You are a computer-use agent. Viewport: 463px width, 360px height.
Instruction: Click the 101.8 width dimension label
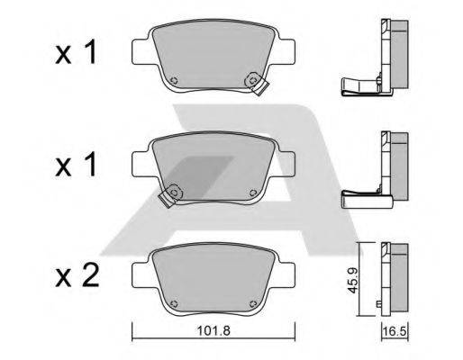[213, 331]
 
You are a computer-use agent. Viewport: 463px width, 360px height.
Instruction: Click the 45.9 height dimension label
[353, 281]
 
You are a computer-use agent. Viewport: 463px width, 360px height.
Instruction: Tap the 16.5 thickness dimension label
[395, 332]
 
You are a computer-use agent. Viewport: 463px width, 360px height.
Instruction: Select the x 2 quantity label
[77, 276]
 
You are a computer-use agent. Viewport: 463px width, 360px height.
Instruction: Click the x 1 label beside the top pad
[76, 52]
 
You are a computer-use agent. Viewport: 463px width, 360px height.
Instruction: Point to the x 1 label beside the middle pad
[76, 164]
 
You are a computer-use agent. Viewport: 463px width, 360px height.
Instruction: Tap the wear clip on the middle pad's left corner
[170, 195]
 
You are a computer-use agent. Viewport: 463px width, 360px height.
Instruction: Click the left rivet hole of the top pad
[174, 80]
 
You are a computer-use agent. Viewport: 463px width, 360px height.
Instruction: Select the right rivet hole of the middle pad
[253, 193]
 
